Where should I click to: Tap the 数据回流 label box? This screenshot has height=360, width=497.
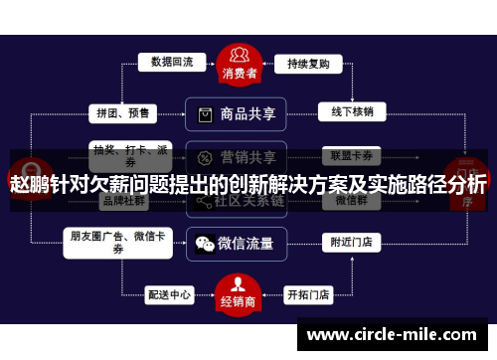point(172,62)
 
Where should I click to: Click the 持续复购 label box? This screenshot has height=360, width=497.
point(309,63)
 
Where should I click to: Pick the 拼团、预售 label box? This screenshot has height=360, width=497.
point(121,112)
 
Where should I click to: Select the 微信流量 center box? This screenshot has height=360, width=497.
point(238,242)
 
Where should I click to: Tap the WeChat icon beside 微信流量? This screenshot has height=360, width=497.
point(205,242)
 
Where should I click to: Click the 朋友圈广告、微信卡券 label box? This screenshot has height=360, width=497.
point(118,242)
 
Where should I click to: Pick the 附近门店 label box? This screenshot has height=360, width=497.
point(352,241)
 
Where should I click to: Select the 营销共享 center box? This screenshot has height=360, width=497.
point(238,157)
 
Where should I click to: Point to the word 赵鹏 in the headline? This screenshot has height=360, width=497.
point(29,185)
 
